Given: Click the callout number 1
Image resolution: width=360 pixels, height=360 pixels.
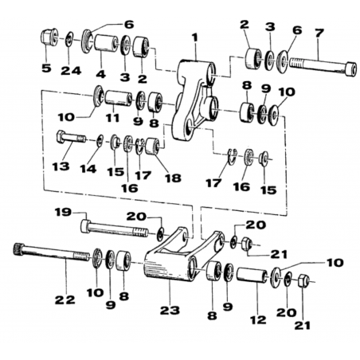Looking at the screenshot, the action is (196, 37).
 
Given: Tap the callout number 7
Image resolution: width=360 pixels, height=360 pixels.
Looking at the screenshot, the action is (319, 33).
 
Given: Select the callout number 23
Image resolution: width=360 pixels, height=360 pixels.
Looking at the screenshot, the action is (170, 310).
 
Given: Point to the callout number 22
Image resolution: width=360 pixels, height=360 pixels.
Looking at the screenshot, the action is (65, 300).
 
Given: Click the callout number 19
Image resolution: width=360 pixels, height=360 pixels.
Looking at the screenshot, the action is (63, 212).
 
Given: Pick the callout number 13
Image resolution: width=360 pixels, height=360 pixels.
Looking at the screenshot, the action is (61, 166).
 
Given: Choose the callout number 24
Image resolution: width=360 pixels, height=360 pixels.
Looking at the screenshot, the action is (71, 71).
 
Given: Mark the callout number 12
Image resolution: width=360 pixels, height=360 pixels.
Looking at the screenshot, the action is (258, 319).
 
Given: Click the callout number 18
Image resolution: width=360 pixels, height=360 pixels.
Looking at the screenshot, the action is (173, 178).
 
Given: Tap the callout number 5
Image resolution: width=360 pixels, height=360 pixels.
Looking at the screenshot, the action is (46, 68).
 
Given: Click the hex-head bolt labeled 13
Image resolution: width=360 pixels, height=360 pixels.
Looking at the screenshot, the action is (71, 138).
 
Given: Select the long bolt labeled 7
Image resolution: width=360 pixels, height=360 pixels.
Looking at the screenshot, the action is (323, 67).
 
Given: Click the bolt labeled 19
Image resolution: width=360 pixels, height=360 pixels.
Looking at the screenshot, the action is (114, 229).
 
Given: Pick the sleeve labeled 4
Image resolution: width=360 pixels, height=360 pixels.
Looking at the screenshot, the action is (106, 43).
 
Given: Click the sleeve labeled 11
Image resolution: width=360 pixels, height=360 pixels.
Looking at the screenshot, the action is (119, 98).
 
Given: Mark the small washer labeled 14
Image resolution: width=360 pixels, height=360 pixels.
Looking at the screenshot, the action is (100, 140).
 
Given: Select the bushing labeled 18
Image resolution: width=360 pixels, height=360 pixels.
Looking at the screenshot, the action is (153, 146).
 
